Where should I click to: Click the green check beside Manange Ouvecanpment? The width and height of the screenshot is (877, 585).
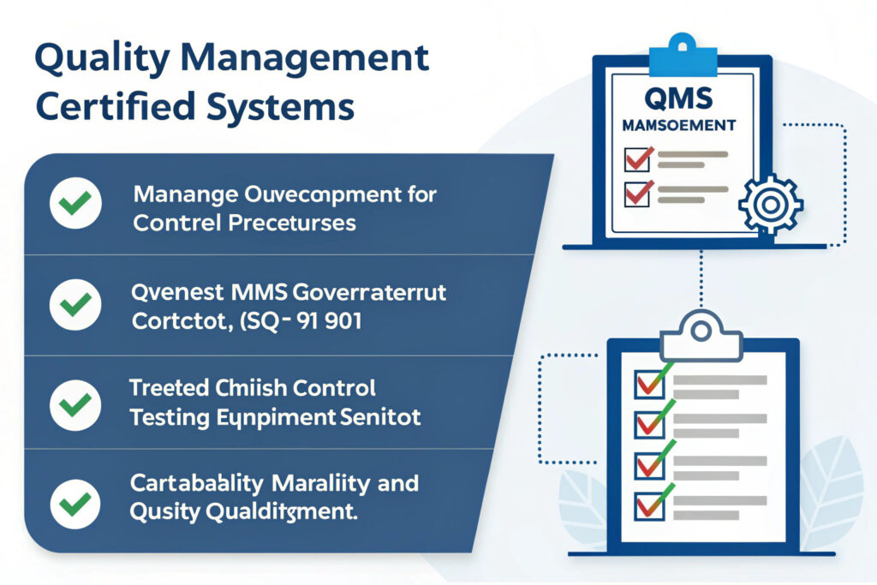(x=75, y=206)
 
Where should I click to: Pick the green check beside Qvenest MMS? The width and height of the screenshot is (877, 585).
(x=75, y=306)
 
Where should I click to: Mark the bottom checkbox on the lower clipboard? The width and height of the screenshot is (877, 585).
(x=648, y=505)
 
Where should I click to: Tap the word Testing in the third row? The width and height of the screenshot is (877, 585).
(x=166, y=419)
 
